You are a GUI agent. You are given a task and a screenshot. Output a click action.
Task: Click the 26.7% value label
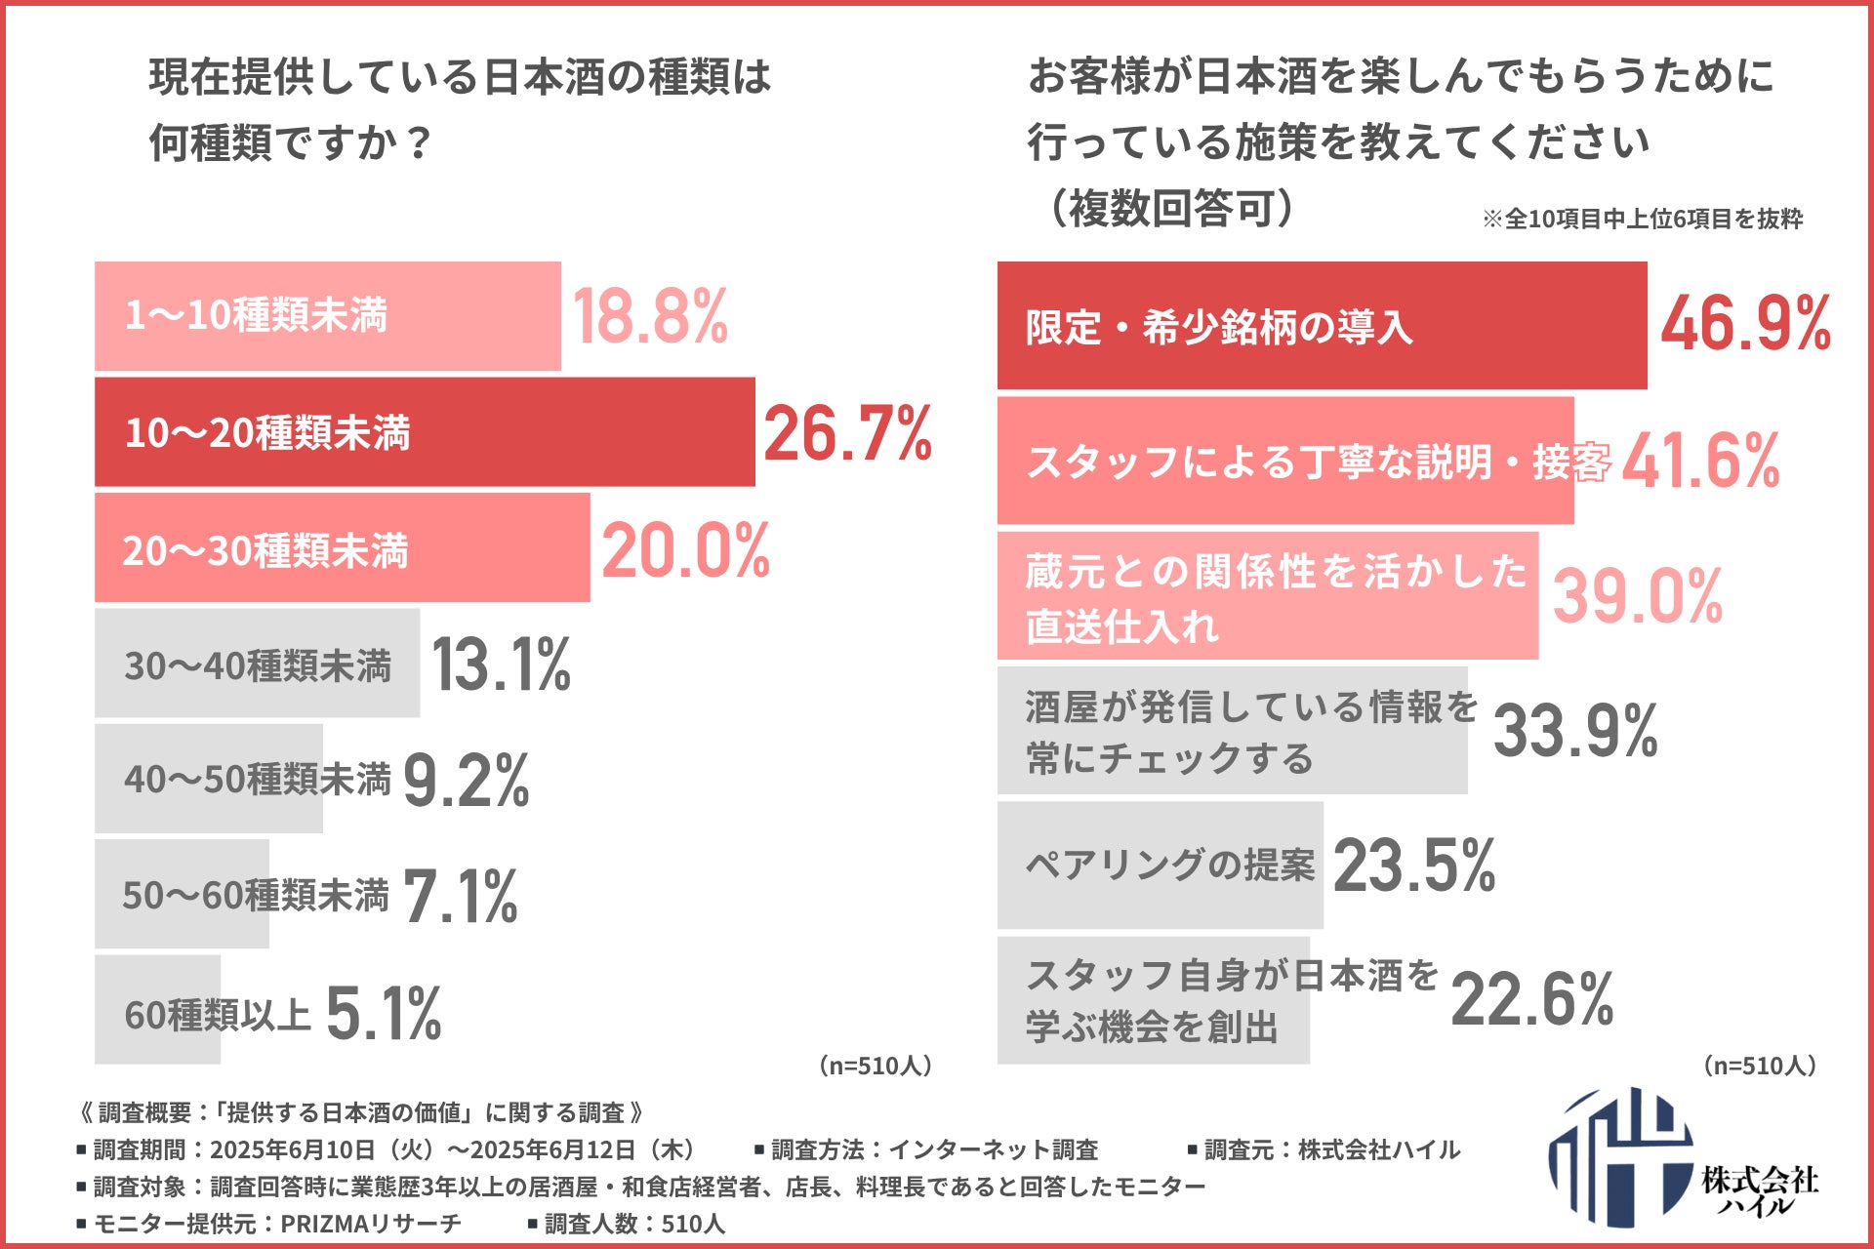point(846,433)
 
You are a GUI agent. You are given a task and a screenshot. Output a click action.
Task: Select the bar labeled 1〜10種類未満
point(327,316)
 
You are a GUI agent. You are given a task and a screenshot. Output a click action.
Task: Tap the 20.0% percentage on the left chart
point(685,550)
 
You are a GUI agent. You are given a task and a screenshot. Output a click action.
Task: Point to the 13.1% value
point(501,665)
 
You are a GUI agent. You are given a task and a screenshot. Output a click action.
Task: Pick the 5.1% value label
point(383,1013)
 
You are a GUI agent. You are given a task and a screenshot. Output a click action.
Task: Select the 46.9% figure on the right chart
point(1745,324)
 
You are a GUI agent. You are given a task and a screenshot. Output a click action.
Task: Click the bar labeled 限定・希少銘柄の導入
point(1322,326)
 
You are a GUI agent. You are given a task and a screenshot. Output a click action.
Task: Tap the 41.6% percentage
point(1700,462)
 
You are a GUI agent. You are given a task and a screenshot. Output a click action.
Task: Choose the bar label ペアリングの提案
point(1169,866)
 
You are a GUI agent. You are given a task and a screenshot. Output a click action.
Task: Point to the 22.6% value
point(1531,1000)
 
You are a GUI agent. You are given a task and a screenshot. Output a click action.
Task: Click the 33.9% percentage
point(1574,731)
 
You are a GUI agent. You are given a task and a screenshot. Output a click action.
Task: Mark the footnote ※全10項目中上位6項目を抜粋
point(1642,219)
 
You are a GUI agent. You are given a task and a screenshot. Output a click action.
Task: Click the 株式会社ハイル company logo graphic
point(1620,1157)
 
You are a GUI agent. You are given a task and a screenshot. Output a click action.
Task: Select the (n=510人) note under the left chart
point(876,1066)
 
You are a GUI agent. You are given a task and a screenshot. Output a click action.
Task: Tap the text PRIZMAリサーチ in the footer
point(371,1224)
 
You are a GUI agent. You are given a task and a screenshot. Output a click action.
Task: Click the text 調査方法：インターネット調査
point(927,1150)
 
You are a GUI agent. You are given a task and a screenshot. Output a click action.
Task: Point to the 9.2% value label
point(466,781)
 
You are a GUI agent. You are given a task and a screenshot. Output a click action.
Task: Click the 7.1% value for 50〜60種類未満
point(460,897)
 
